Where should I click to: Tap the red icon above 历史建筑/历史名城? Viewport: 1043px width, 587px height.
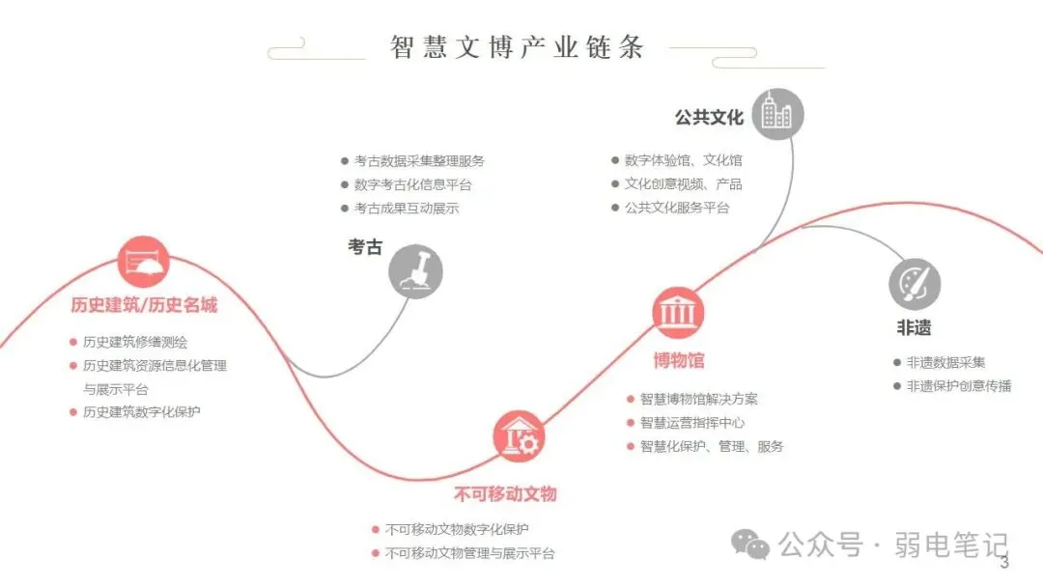click(x=144, y=262)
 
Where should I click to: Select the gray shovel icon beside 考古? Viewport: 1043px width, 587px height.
click(x=415, y=271)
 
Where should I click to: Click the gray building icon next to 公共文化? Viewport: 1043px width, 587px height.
click(x=776, y=115)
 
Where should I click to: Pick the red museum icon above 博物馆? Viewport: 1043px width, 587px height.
click(x=678, y=313)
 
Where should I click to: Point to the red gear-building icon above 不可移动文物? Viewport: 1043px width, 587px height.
click(x=520, y=437)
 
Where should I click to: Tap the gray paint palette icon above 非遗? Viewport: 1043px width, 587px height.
click(x=915, y=284)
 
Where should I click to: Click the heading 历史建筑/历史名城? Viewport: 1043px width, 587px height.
click(x=144, y=305)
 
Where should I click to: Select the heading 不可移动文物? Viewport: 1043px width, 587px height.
click(x=505, y=494)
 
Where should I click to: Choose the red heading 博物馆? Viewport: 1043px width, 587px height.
click(x=678, y=361)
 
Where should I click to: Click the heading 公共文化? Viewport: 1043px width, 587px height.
click(x=709, y=118)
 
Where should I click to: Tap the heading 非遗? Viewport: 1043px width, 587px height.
click(x=914, y=328)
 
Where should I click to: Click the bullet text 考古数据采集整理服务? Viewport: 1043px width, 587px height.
click(x=419, y=161)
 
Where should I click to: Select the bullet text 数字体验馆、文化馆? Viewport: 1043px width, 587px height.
click(x=683, y=160)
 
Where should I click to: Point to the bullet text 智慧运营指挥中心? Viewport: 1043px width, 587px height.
click(x=691, y=423)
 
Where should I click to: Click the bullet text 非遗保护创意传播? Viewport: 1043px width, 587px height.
click(x=958, y=386)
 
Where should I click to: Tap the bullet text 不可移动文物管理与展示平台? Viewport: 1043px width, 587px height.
click(x=469, y=553)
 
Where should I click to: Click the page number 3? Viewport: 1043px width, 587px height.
click(x=1004, y=563)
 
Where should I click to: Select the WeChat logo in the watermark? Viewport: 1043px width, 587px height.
click(x=750, y=545)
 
